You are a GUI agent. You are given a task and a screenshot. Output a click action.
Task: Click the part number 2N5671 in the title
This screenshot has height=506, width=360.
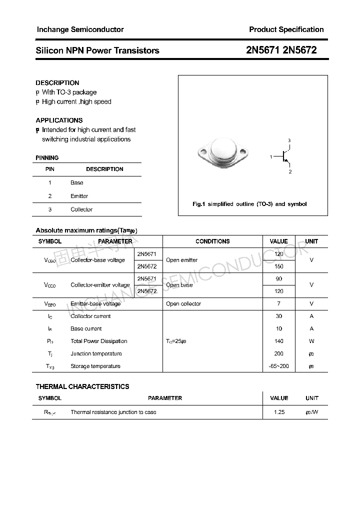[264, 50]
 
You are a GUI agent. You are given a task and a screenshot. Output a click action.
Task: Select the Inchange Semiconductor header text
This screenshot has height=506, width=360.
[80, 29]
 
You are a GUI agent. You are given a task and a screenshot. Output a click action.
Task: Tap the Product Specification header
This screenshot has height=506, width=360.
[286, 29]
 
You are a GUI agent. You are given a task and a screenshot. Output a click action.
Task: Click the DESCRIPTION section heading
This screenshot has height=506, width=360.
[57, 83]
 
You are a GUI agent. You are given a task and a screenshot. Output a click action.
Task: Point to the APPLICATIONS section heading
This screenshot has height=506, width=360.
[59, 120]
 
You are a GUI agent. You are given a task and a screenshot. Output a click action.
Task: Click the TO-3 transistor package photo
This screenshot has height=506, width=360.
[223, 151]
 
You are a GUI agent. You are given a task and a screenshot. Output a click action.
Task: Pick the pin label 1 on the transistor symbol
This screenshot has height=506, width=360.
[271, 157]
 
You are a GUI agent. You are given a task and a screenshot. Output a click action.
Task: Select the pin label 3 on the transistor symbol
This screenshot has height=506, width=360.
[289, 140]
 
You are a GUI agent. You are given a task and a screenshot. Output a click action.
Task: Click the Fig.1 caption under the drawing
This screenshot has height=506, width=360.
[249, 204]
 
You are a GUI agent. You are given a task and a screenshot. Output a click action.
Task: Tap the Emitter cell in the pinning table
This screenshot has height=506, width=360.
[79, 196]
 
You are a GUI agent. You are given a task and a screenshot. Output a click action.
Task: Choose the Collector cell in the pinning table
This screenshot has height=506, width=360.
[81, 209]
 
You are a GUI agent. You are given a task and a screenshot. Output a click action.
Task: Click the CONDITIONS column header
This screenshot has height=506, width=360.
[212, 241]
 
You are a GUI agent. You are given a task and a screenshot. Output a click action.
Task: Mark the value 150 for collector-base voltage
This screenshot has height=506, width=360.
[279, 266]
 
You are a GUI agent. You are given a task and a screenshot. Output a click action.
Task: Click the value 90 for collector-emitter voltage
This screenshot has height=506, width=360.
[279, 279]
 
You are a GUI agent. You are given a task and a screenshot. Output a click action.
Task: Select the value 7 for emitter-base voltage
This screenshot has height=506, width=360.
[279, 303]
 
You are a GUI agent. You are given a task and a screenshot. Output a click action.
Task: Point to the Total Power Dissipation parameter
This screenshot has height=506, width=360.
[99, 341]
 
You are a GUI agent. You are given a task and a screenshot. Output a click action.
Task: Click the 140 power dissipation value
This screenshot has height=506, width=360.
[279, 341]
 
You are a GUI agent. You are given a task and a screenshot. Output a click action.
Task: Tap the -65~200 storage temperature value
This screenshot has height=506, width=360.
[279, 366]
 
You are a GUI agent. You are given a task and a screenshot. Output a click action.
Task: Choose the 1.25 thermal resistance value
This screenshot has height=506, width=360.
[279, 412]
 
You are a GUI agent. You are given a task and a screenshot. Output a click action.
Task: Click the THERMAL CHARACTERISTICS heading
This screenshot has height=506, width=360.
[82, 386]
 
